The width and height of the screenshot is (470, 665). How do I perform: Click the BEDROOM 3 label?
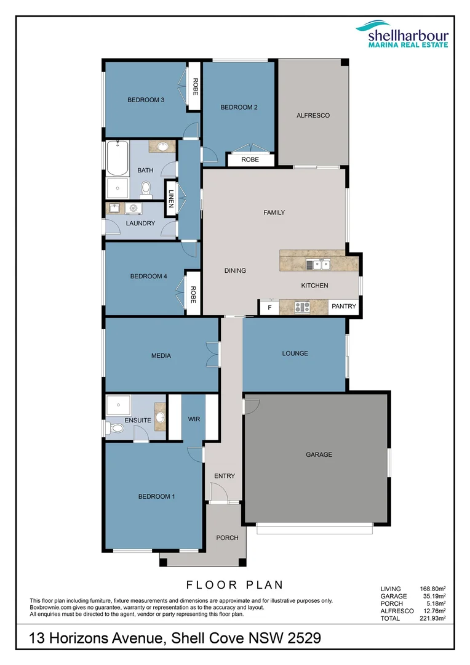coord(145,100)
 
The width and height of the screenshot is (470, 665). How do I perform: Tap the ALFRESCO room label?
coord(313,115)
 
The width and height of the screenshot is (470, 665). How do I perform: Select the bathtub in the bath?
coord(117,158)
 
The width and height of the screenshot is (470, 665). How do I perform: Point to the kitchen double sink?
coord(321,265)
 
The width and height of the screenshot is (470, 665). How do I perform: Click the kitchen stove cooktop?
coord(302,307)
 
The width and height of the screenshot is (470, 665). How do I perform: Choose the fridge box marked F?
coord(269,307)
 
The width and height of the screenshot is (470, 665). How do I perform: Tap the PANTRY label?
coord(343,306)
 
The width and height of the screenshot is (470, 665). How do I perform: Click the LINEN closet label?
coord(171,199)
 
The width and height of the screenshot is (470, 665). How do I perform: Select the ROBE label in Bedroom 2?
coord(250,160)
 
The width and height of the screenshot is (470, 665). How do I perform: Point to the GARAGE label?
coord(319,454)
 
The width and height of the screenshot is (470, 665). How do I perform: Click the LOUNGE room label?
coord(295,353)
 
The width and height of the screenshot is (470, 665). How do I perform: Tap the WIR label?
coord(194,419)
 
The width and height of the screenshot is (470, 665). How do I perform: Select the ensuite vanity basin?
coord(160,417)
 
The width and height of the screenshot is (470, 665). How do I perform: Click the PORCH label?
coord(227,538)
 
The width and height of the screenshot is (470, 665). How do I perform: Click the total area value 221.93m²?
coord(434,618)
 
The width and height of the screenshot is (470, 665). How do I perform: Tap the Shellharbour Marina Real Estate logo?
coord(402,33)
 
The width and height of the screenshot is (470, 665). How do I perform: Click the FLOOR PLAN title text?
coord(234,585)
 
